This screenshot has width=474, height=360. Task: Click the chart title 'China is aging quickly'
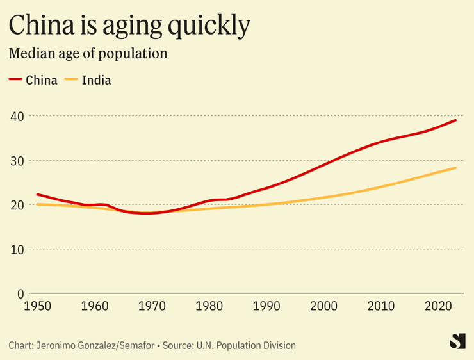pyautogui.click(x=129, y=26)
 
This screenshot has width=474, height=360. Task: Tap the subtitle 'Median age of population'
pyautogui.click(x=88, y=53)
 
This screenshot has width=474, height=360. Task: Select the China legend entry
pyautogui.click(x=33, y=80)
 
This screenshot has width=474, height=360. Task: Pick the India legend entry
pyautogui.click(x=88, y=80)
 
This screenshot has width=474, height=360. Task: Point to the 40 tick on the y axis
pyautogui.click(x=17, y=116)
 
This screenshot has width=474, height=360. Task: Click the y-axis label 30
pyautogui.click(x=17, y=160)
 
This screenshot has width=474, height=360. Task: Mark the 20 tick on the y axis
pyautogui.click(x=17, y=205)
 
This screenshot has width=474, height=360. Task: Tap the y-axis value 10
pyautogui.click(x=17, y=249)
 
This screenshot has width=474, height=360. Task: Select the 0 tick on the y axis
pyautogui.click(x=20, y=293)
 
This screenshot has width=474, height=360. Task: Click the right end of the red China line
pyautogui.click(x=455, y=120)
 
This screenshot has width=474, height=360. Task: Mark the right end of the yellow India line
pyautogui.click(x=455, y=168)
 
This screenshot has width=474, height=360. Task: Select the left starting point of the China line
pyautogui.click(x=38, y=194)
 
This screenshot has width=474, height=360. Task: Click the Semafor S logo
pyautogui.click(x=457, y=341)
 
